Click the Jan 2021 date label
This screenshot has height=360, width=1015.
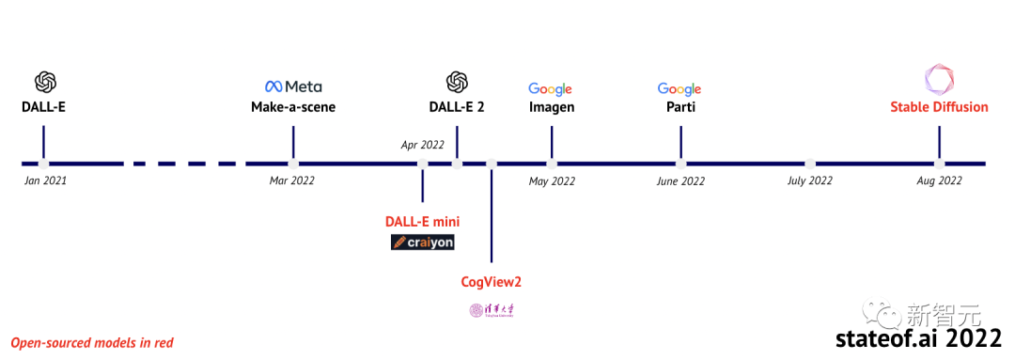(x=45, y=180)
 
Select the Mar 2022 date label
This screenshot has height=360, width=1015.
(x=292, y=180)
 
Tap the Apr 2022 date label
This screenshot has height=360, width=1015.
(x=422, y=145)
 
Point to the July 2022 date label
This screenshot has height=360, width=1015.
(x=809, y=180)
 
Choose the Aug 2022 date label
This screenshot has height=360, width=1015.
(x=939, y=180)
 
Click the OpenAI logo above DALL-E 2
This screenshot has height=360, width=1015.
(x=457, y=83)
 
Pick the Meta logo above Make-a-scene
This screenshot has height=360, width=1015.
(x=293, y=86)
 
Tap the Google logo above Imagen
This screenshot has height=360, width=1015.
(x=551, y=88)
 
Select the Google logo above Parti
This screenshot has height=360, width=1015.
(x=679, y=88)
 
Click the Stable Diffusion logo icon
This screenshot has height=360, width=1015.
(x=939, y=79)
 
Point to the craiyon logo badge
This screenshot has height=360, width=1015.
(x=423, y=243)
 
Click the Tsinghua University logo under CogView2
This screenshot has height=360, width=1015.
(x=492, y=309)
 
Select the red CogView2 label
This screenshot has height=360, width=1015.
(x=491, y=281)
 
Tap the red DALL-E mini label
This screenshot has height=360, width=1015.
(x=422, y=222)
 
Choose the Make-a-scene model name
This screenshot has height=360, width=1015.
(x=293, y=107)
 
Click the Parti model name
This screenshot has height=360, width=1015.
(x=679, y=107)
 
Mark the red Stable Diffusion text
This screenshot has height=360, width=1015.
(x=939, y=107)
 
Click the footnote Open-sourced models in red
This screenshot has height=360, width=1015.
(x=92, y=343)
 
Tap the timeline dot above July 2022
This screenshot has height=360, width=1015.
(x=810, y=163)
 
